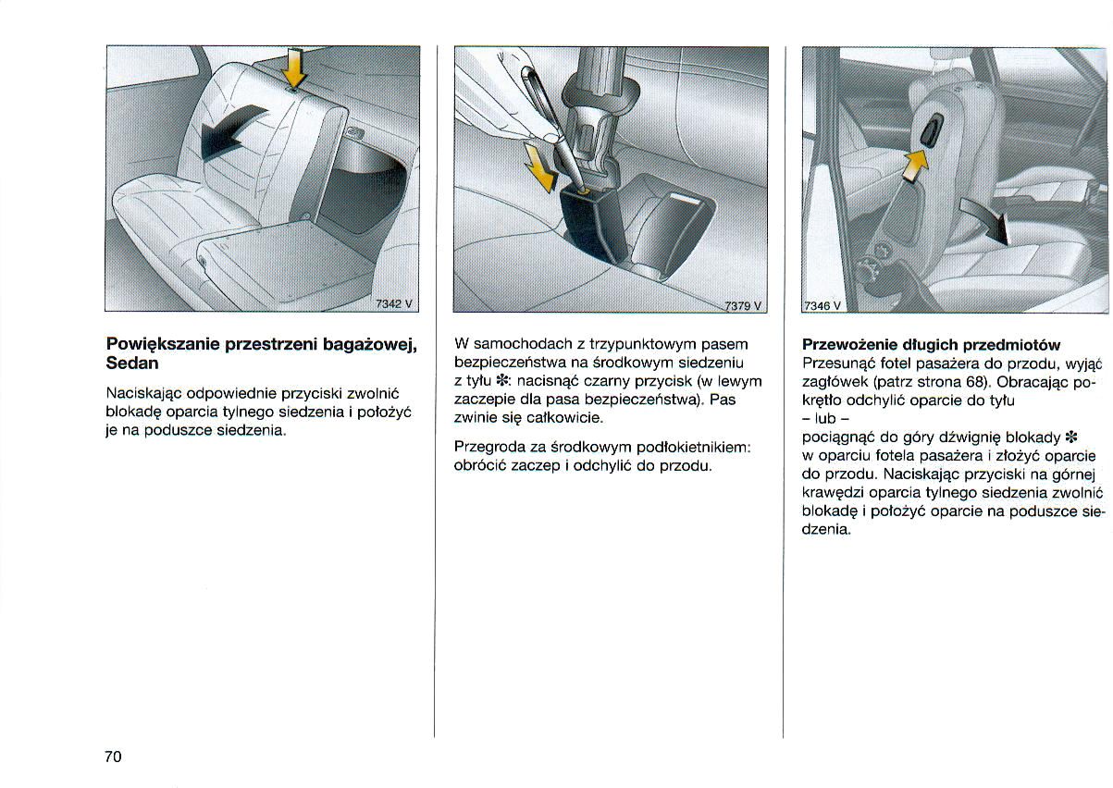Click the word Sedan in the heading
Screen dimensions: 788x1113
tap(132, 363)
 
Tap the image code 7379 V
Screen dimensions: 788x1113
tap(742, 305)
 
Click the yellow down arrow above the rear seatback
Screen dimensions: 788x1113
tap(294, 68)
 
